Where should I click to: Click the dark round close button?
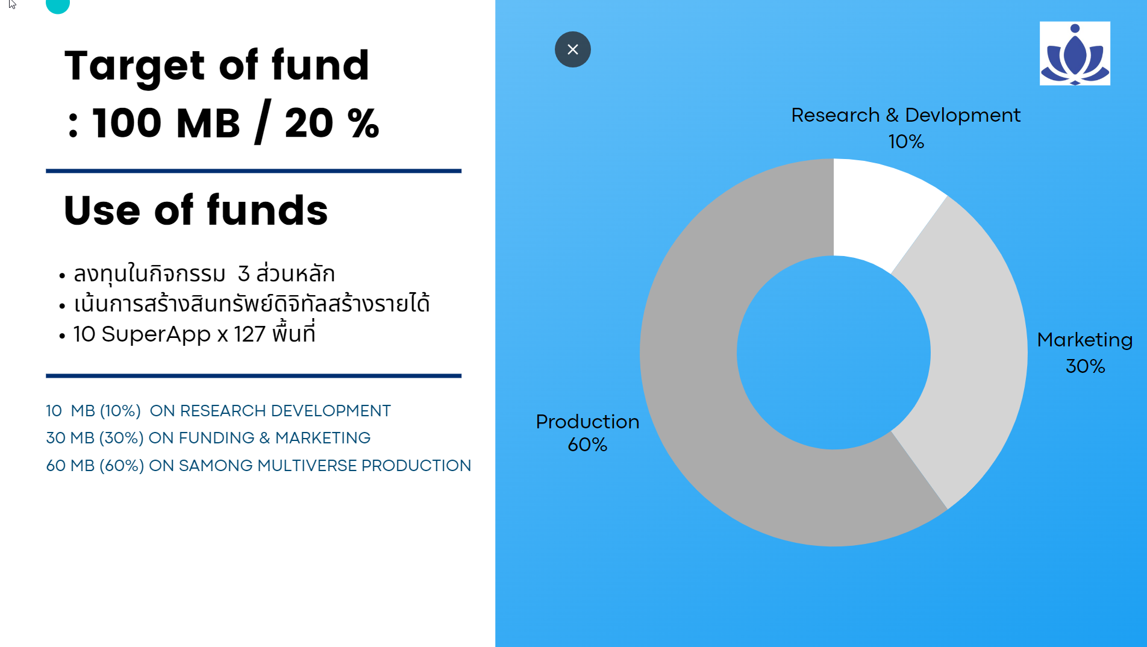pos(572,49)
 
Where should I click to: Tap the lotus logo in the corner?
pos(1075,54)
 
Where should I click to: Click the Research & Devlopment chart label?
pos(905,114)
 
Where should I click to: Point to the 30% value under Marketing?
pos(1085,366)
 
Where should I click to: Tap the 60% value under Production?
pos(587,445)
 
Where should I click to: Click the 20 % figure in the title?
pos(332,123)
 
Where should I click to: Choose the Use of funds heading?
pos(196,210)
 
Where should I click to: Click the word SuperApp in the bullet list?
pos(156,334)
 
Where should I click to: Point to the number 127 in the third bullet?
pos(250,334)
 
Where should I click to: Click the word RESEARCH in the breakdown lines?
pos(223,411)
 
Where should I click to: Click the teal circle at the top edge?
pos(58,5)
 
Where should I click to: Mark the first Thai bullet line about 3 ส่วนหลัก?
pos(204,274)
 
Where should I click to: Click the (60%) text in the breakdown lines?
pos(122,466)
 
